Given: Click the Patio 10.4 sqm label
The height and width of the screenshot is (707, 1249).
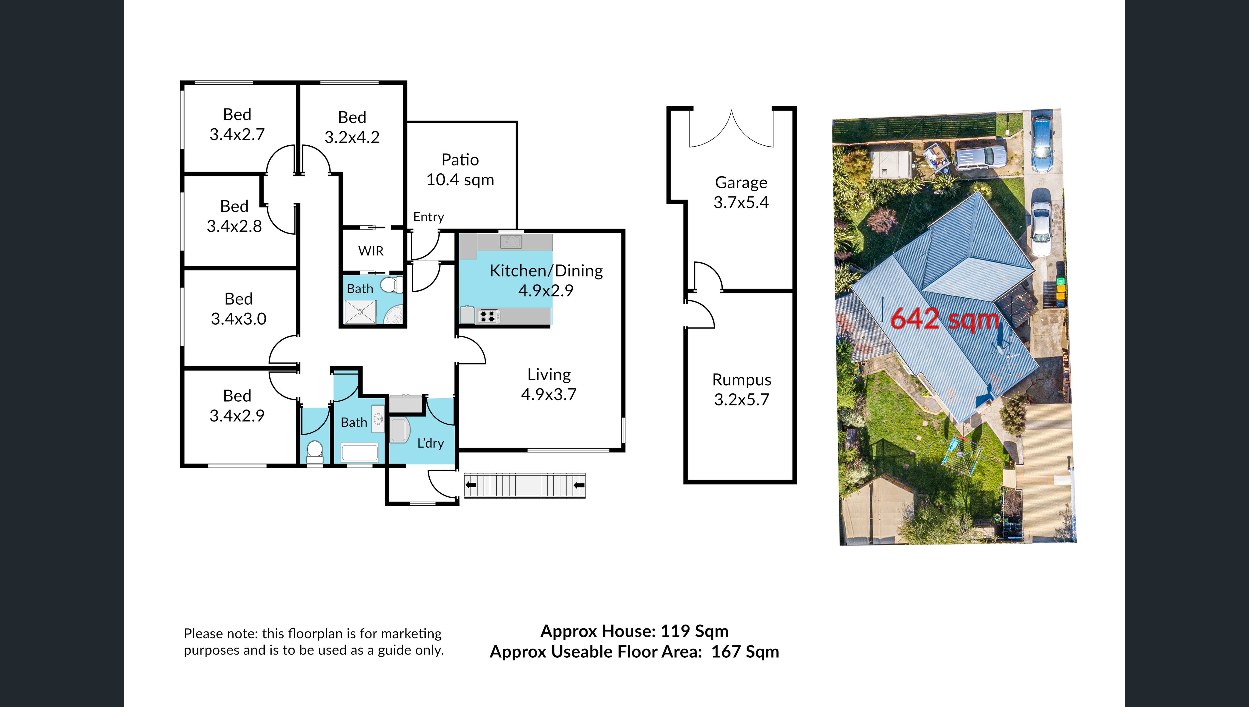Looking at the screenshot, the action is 460,169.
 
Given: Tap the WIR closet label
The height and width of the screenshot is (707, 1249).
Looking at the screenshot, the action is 371,251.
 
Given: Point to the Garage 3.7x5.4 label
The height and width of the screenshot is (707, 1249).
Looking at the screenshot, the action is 741,192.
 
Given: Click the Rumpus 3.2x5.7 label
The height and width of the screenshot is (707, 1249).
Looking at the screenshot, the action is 741,389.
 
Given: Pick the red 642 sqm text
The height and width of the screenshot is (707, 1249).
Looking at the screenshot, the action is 944,319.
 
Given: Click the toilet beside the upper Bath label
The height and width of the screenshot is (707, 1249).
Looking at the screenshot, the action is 392,285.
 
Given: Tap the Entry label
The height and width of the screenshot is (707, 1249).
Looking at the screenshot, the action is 428,217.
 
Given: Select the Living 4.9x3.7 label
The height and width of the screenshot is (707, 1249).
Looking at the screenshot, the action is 549,384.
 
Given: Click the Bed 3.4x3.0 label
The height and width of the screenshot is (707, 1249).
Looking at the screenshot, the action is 238,308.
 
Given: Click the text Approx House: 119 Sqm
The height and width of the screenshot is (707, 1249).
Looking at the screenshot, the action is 635,631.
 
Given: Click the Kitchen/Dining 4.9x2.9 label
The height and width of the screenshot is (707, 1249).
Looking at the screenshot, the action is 546,280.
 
